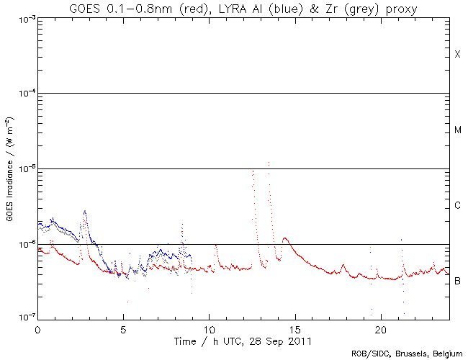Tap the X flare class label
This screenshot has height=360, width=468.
pyautogui.click(x=457, y=55)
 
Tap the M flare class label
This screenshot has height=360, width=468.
pyautogui.click(x=457, y=130)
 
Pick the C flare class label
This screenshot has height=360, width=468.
pyautogui.click(x=457, y=206)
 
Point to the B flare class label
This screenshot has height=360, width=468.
pyautogui.click(x=457, y=281)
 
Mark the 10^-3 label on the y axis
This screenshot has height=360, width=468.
pyautogui.click(x=24, y=19)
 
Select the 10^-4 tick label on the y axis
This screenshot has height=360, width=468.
pyautogui.click(x=24, y=94)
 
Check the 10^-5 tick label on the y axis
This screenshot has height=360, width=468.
pyautogui.click(x=24, y=169)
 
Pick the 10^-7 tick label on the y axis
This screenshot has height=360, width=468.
pyautogui.click(x=24, y=318)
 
